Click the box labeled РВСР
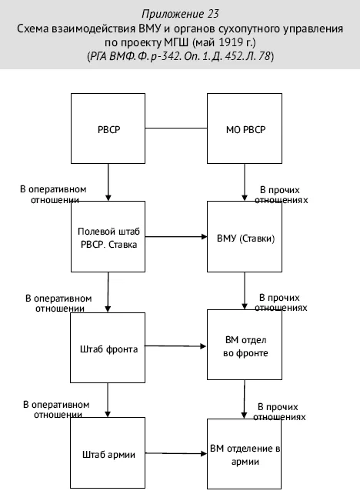coord(108,129)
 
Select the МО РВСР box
coord(245,129)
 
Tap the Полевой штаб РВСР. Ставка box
coord(108,236)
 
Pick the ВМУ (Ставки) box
coord(245,236)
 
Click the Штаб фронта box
coord(108,348)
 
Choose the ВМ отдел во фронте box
coord(245,345)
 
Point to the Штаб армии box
coord(108,453)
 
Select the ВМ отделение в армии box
coord(245,454)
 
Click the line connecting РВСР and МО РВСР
coord(176,129)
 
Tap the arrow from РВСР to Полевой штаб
coord(108,182)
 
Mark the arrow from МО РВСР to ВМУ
coord(245,182)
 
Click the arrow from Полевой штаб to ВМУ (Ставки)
coord(176,237)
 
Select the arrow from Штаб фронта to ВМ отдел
coord(175,346)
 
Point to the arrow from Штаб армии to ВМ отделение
coord(176,453)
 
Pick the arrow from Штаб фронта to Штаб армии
coord(108,400)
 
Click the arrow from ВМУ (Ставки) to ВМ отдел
coord(245,291)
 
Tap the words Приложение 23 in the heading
coord(180,14)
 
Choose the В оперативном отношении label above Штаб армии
coord(57,409)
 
